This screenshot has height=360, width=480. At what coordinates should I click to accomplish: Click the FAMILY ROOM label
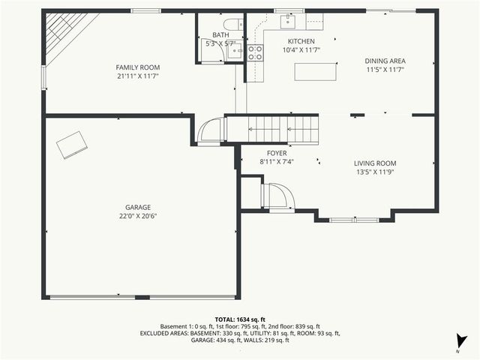(x=137, y=67)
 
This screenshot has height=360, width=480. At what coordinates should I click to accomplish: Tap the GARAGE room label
(x=137, y=207)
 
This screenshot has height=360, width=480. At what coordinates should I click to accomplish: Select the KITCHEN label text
(x=301, y=41)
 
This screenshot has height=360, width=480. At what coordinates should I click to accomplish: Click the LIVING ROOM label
(x=375, y=163)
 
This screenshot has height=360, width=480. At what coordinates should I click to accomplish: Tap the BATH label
(x=220, y=34)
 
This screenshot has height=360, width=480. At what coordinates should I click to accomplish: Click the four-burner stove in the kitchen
(x=255, y=52)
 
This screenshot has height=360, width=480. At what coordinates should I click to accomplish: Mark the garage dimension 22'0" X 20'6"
(x=137, y=216)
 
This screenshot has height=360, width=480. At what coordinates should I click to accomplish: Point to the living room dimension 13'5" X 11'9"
(x=375, y=172)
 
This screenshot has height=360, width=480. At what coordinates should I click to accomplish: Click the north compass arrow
(x=463, y=341)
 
